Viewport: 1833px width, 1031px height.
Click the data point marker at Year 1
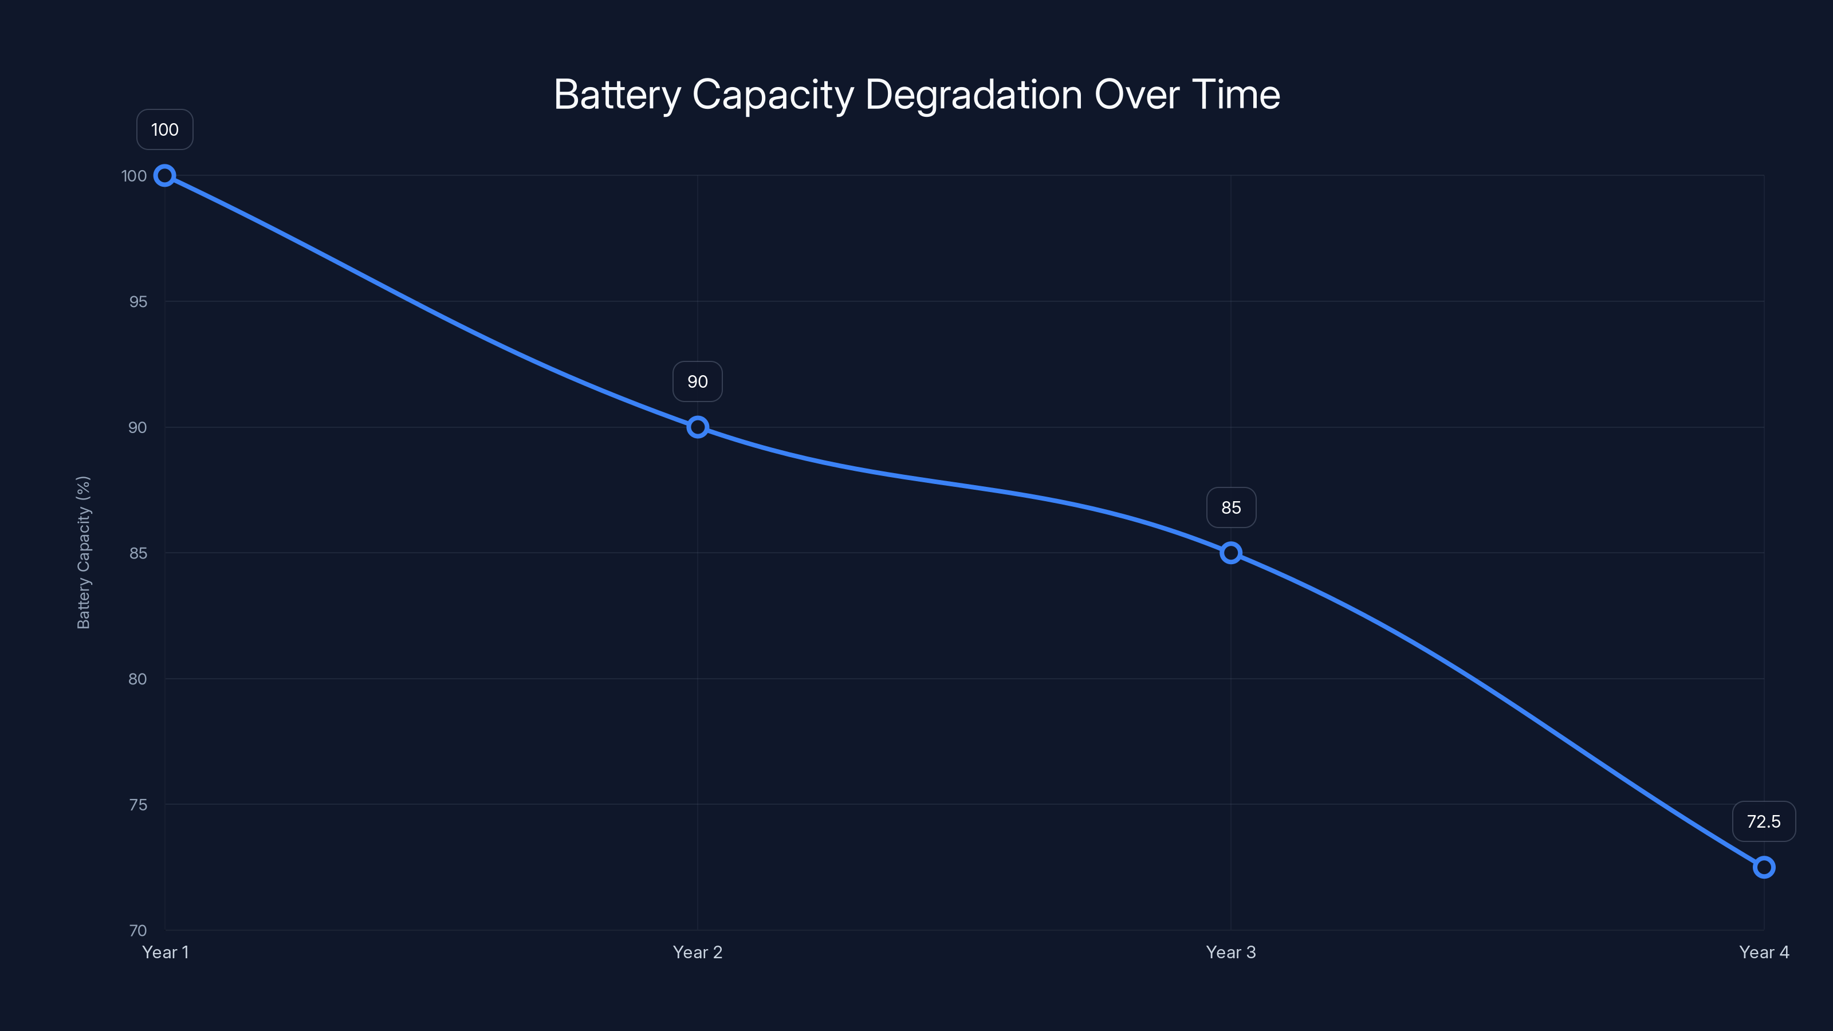[x=164, y=176]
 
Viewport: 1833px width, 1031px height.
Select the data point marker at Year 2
[x=697, y=427]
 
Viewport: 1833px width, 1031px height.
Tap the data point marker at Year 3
[x=1231, y=553]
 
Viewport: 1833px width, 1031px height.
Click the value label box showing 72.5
[x=1763, y=822]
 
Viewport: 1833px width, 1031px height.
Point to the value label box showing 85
[x=1231, y=507]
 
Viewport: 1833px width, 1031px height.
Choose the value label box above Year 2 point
[x=697, y=381]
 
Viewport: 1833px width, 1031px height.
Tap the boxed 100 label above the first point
[x=164, y=129]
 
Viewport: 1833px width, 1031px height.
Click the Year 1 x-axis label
[x=165, y=952]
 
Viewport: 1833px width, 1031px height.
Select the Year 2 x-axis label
[x=697, y=952]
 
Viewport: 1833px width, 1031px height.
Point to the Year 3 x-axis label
[x=1231, y=952]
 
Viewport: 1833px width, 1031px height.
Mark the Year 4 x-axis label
[x=1763, y=952]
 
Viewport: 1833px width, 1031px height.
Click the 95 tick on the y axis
[x=138, y=302]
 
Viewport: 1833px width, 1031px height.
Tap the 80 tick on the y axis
[x=137, y=679]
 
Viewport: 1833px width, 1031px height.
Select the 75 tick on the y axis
[x=138, y=805]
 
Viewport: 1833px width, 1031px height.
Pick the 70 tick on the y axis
[x=138, y=931]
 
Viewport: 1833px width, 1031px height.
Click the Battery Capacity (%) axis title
[x=83, y=553]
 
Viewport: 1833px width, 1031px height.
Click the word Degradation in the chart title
[x=973, y=95]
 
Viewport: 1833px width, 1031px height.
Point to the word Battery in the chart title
[x=617, y=95]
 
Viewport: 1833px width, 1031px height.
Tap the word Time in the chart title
[x=1236, y=95]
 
